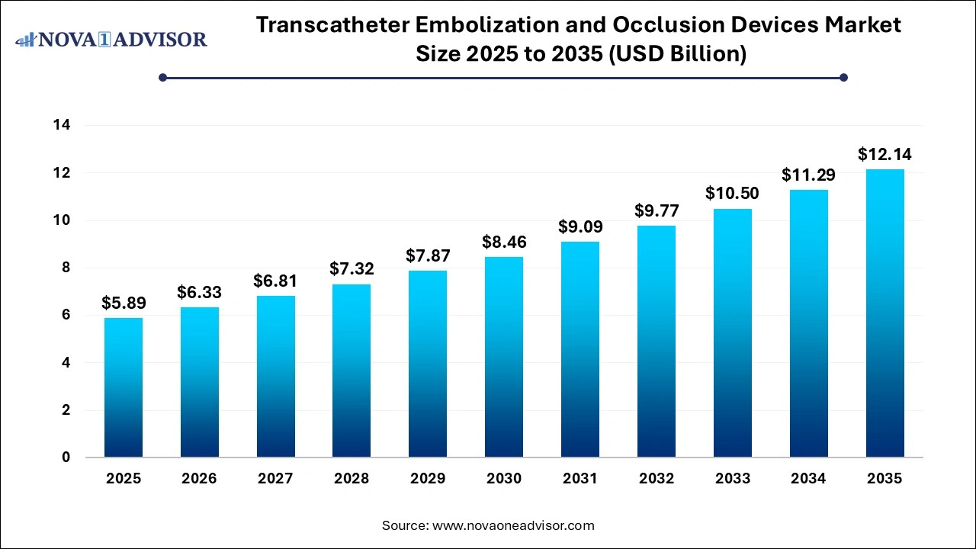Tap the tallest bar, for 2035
coord(884,313)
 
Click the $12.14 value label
coord(884,155)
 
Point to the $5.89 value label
coord(123,303)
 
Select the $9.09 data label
coord(580,227)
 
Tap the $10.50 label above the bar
coord(732,194)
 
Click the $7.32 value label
coord(352,269)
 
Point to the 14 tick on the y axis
coord(62,126)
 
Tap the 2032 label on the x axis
coord(657,479)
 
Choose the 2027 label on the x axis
coord(275,479)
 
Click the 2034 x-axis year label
coord(808,479)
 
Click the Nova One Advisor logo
coord(111,39)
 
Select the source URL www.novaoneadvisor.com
coord(513,525)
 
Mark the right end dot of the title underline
coord(843,77)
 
